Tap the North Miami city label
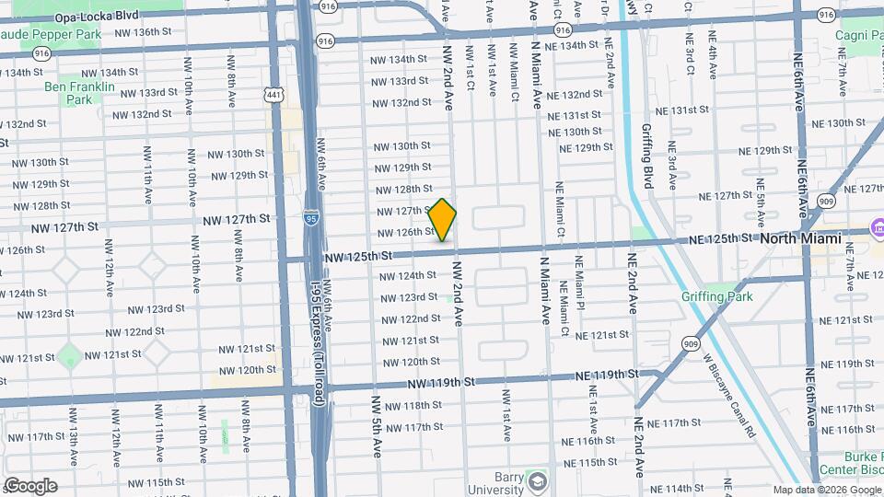(800, 238)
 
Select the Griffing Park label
(716, 296)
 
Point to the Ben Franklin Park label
(79, 93)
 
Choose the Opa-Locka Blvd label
(97, 17)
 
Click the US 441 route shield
(273, 94)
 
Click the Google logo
(30, 485)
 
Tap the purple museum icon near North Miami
(878, 226)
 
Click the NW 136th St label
(143, 32)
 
